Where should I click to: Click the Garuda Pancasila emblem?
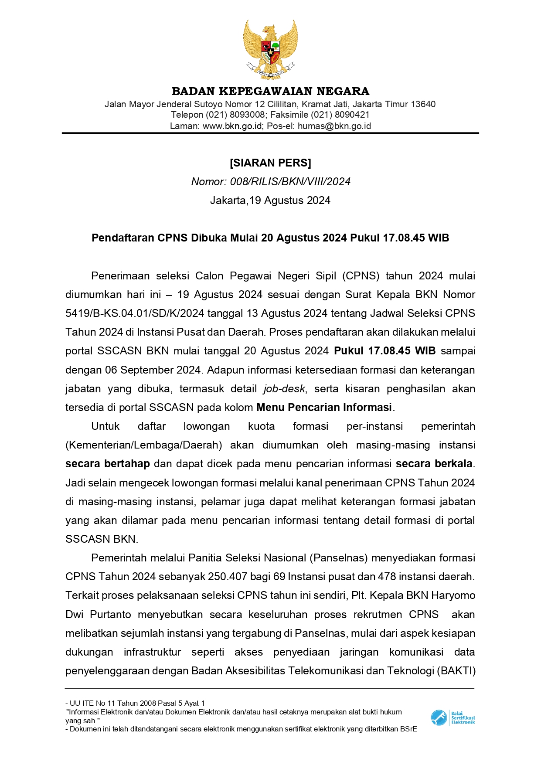[270, 49]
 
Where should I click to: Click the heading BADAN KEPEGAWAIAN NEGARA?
[270, 91]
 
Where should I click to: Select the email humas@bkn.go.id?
[334, 126]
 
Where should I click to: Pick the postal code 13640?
[423, 104]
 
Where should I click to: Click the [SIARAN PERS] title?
[270, 163]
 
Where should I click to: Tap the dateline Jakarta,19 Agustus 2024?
[270, 201]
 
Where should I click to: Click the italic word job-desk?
[284, 389]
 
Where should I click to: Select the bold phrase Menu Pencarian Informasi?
[324, 408]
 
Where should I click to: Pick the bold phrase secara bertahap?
[107, 464]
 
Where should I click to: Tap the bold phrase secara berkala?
[434, 464]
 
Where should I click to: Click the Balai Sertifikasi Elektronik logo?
[453, 717]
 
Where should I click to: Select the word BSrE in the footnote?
[408, 729]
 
